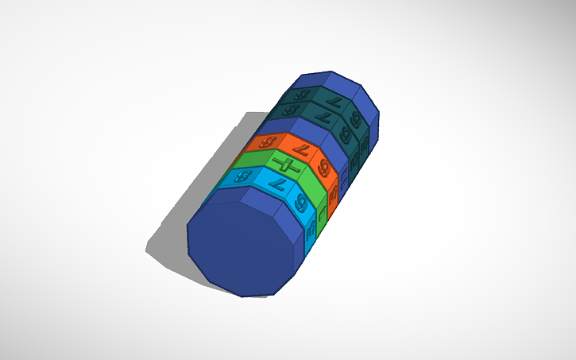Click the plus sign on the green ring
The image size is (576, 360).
(x=288, y=166)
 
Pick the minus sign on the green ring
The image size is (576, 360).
(x=322, y=212)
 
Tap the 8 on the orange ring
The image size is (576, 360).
(x=266, y=143)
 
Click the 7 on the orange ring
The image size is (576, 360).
(x=300, y=150)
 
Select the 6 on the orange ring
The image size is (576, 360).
(x=325, y=168)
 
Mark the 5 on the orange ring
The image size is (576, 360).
(x=334, y=193)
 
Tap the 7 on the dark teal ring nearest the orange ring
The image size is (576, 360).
(x=322, y=118)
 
